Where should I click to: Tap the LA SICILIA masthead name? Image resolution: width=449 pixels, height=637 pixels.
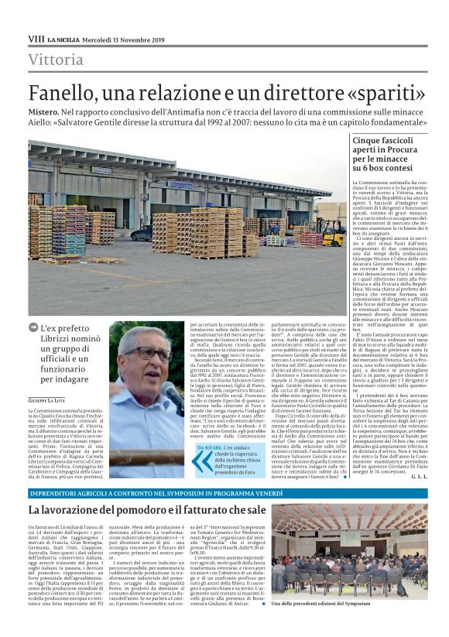pos(61,39)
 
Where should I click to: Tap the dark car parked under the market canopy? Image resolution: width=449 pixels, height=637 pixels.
pos(142,232)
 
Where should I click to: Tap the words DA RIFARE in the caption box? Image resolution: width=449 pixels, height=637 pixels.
pos(211,447)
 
